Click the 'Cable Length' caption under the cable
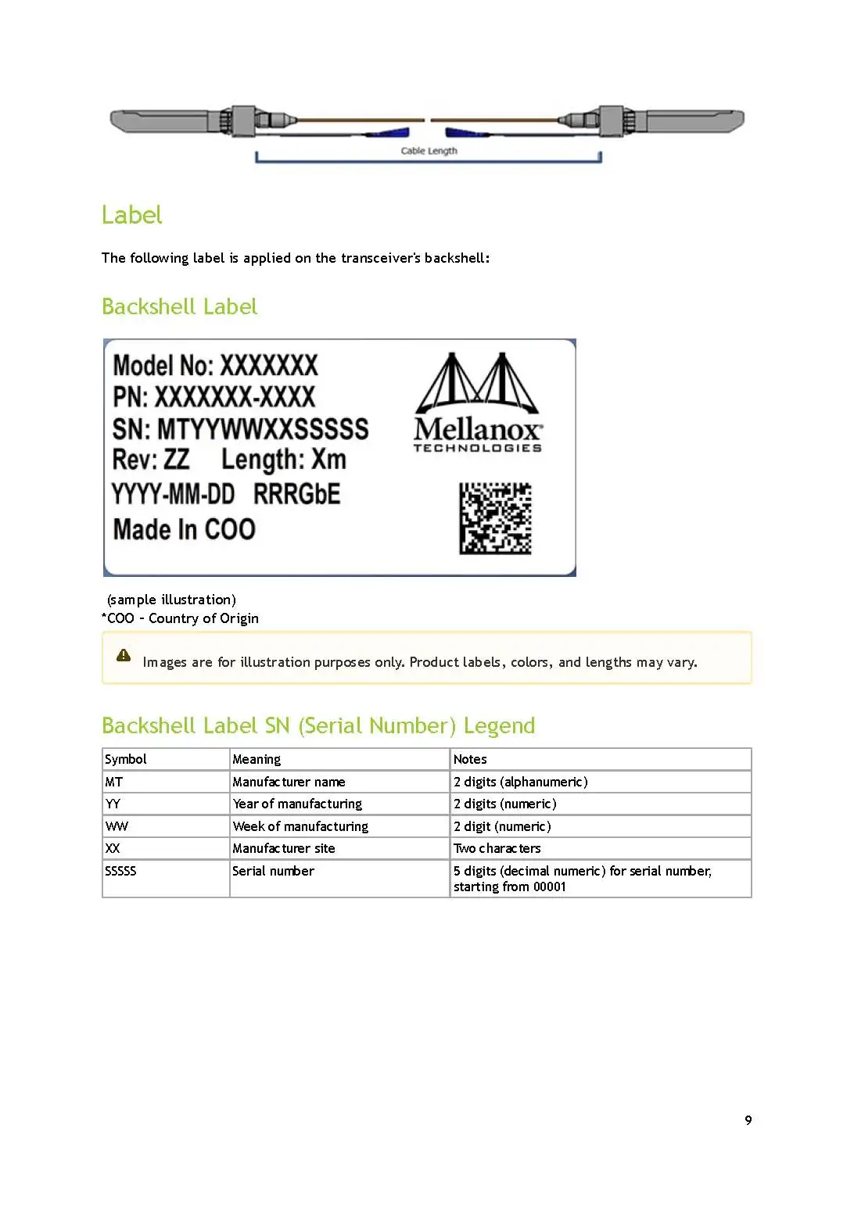429,151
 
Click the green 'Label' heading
131,215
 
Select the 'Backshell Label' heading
179,306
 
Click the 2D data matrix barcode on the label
495,518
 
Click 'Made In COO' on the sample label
185,529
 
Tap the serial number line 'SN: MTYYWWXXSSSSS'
240,429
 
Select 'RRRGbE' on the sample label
297,494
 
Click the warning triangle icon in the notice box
124,655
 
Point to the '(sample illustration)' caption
171,600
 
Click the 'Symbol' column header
126,759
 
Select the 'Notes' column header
470,759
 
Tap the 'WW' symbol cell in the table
117,826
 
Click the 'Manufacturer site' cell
284,848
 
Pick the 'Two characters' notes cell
497,848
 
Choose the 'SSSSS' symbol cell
120,871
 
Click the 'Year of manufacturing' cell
297,804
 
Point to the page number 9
748,1120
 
